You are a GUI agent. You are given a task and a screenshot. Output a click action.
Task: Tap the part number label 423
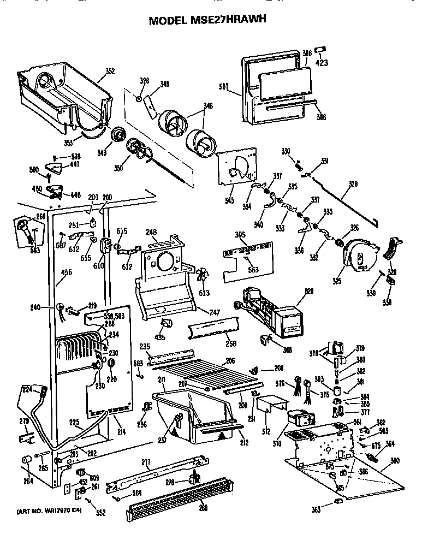322,62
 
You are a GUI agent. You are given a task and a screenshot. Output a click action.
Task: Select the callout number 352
110,70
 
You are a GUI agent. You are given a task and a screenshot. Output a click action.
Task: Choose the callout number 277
145,462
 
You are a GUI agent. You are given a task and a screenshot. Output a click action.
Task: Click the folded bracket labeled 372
268,406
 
